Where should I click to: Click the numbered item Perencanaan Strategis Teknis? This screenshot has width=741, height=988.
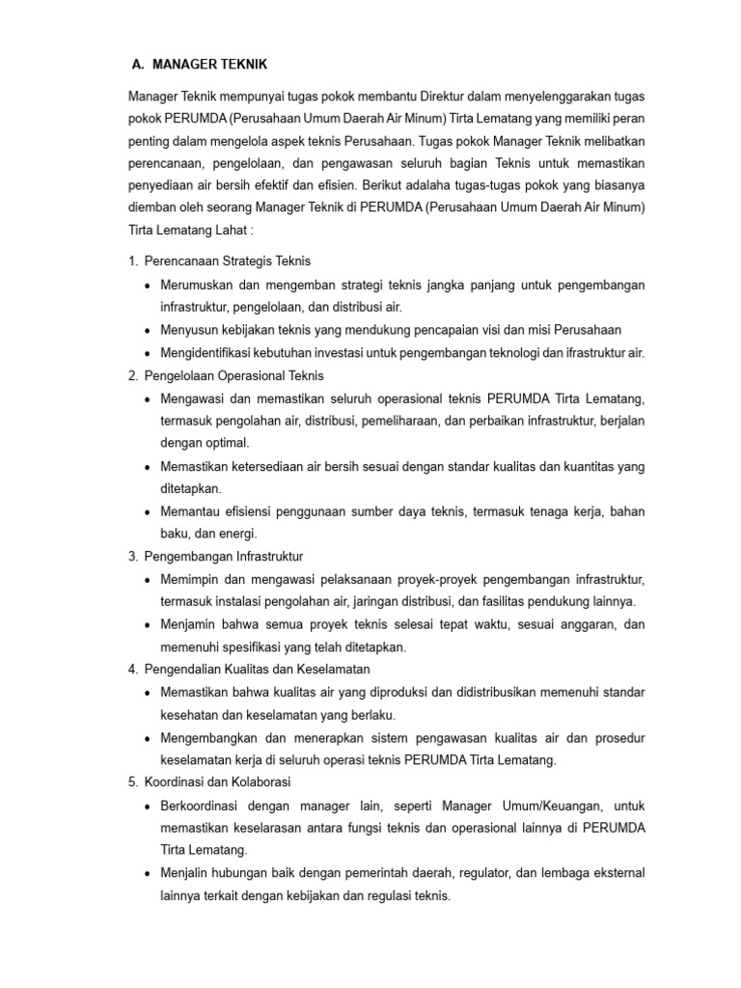tap(227, 261)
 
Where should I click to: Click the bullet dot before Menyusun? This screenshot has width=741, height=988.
tap(147, 331)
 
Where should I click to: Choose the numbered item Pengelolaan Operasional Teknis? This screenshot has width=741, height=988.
tap(233, 375)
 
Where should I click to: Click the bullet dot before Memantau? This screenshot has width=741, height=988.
tap(147, 512)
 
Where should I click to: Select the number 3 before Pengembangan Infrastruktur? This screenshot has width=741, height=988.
tap(131, 557)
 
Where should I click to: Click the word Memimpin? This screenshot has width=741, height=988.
tap(191, 579)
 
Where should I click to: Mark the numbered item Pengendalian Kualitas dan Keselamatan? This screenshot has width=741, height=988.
tap(257, 669)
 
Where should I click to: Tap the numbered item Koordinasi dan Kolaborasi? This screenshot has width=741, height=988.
tap(217, 782)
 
